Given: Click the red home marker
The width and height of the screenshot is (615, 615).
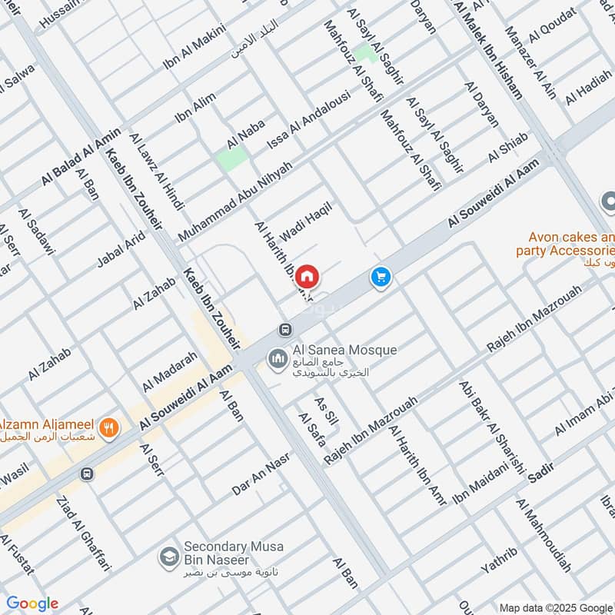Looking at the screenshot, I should click(307, 275).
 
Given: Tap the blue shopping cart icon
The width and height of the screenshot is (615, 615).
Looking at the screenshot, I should click(380, 277).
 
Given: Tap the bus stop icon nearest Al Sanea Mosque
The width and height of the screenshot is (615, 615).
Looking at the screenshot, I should click(286, 329).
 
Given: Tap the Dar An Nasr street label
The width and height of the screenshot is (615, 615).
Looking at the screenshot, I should click(262, 477).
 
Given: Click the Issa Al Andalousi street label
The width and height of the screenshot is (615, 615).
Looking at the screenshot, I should click(308, 121).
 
